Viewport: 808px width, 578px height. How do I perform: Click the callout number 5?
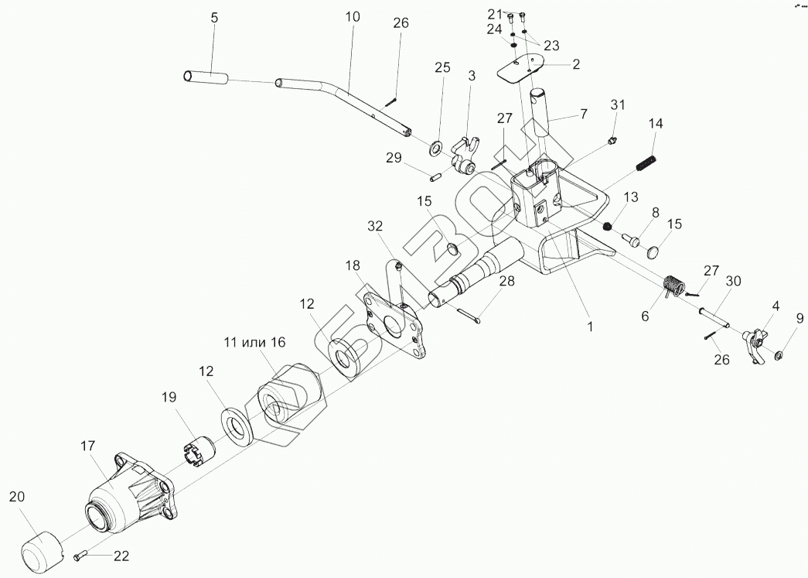(214, 17)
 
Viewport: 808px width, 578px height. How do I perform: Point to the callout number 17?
(87, 446)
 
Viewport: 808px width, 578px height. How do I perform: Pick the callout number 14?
(656, 123)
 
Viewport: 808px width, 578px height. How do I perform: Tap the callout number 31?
(617, 104)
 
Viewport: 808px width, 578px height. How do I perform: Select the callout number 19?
(169, 397)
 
